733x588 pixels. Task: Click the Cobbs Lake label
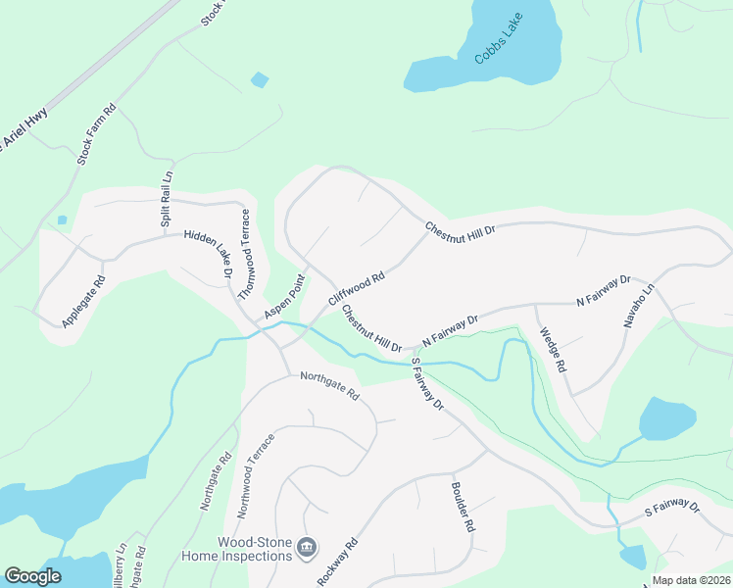[x=499, y=39]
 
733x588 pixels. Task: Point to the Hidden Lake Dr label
[x=209, y=255]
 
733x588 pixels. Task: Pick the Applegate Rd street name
[x=83, y=302]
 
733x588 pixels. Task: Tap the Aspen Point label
[x=284, y=296]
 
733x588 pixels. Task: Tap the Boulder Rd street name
[x=463, y=507]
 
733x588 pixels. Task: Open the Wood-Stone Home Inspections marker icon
[x=307, y=547]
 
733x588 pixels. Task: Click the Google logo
[x=33, y=576]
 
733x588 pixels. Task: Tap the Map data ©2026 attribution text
[x=691, y=580]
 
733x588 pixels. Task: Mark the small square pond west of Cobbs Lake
[x=260, y=79]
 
